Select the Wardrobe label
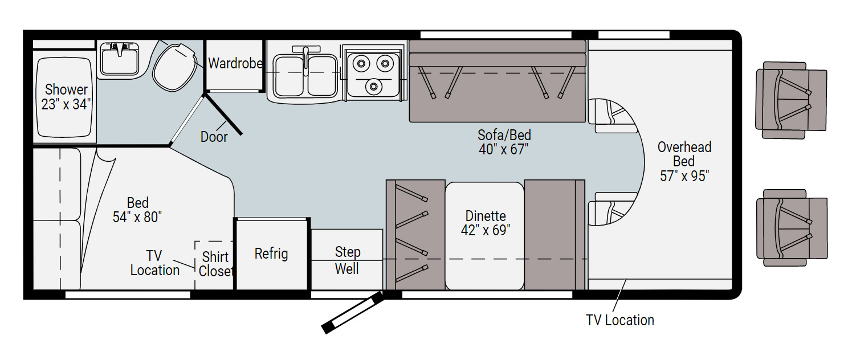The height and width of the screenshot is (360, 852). click(x=235, y=63)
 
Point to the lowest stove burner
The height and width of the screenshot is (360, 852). click(x=373, y=87)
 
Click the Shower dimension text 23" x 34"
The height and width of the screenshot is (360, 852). click(x=66, y=104)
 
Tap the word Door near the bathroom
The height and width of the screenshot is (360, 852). click(x=214, y=137)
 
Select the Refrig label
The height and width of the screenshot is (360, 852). click(x=271, y=253)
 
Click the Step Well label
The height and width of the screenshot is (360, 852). click(x=347, y=260)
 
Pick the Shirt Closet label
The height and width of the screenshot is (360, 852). click(x=215, y=264)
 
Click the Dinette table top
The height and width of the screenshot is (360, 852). click(x=484, y=236)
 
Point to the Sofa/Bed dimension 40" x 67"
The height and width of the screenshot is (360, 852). click(x=504, y=149)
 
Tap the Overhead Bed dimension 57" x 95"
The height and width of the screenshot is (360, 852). click(x=684, y=176)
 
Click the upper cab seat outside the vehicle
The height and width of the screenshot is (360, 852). click(x=791, y=100)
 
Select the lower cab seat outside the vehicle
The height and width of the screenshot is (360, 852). click(x=792, y=228)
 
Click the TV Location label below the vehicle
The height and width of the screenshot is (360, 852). click(x=620, y=320)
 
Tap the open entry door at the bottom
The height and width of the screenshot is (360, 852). click(x=353, y=313)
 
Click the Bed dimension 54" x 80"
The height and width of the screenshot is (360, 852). click(x=137, y=217)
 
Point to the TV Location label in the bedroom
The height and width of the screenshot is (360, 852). click(x=154, y=263)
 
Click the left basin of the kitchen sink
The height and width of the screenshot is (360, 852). click(x=289, y=75)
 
